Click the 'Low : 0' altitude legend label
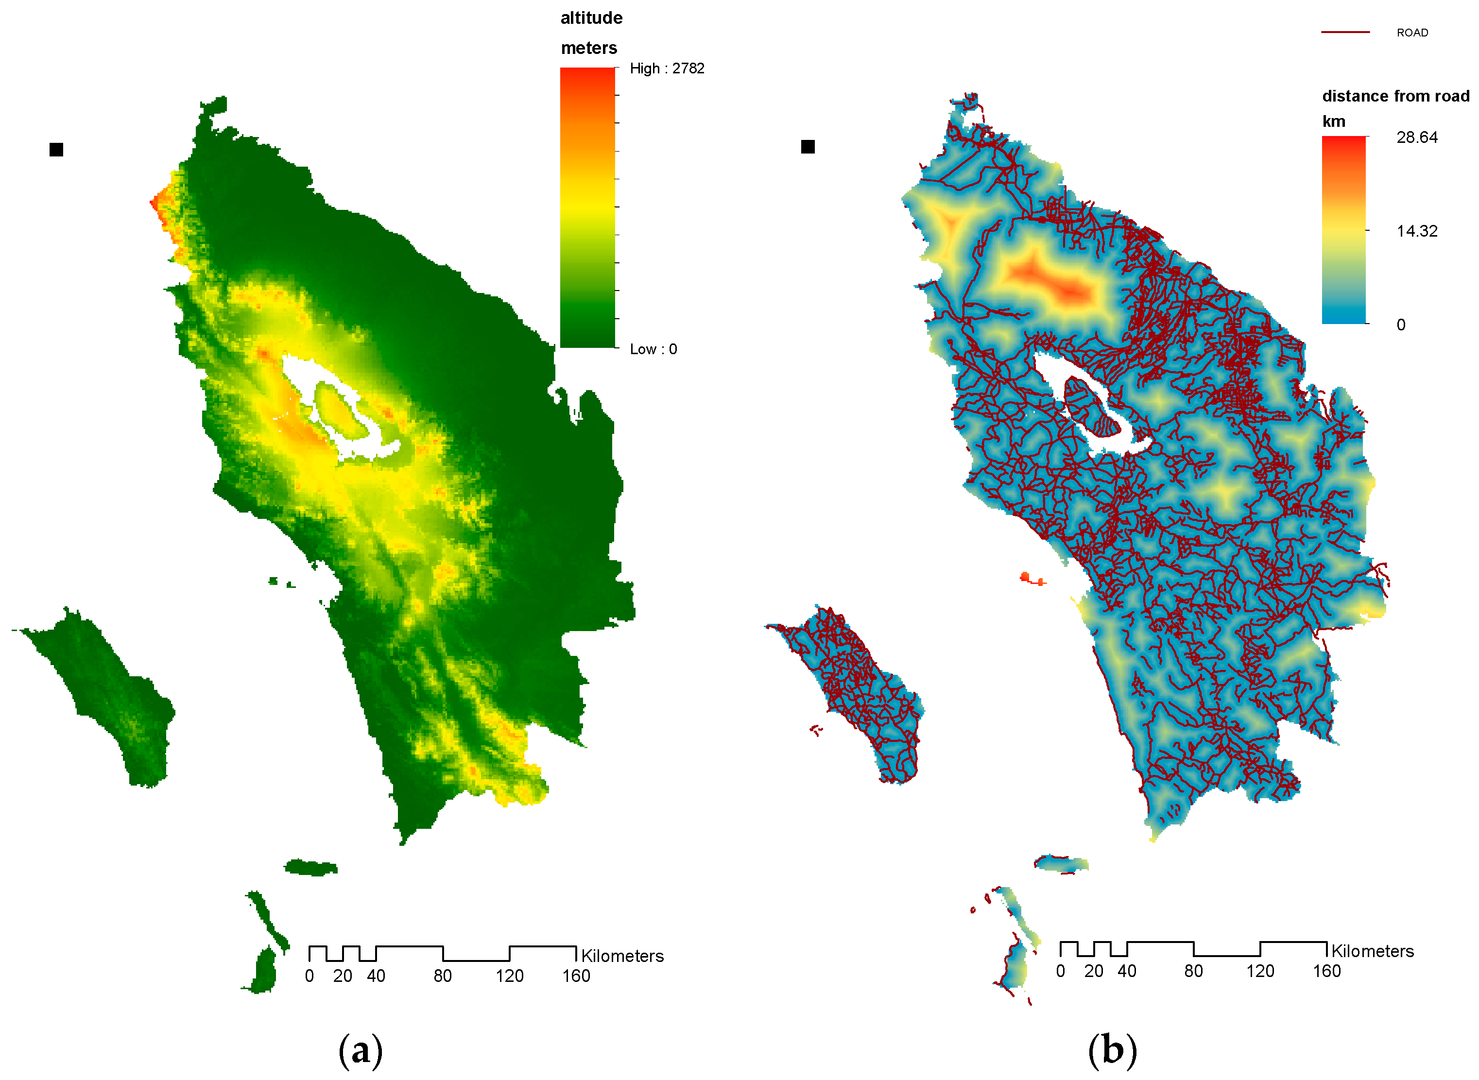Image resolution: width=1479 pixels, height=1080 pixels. (x=653, y=349)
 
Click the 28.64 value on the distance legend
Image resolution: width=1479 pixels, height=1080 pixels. (x=1416, y=137)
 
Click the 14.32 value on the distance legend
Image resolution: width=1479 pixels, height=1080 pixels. (x=1416, y=231)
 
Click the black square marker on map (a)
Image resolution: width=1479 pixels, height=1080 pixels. (x=56, y=150)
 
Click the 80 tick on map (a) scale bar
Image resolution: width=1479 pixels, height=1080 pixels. (x=442, y=976)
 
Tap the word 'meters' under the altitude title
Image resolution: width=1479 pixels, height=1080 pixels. (x=588, y=49)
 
